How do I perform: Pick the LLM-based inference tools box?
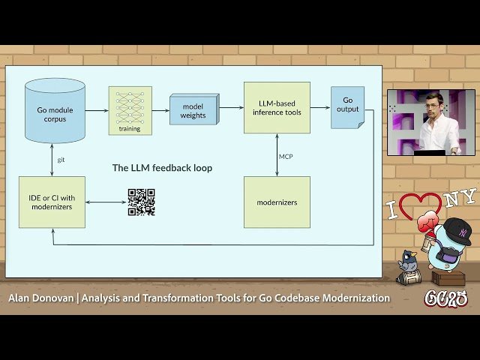point(277,107)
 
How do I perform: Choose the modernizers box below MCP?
point(277,202)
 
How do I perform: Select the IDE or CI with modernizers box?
point(52,202)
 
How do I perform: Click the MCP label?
point(286,157)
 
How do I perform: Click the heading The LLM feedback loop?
point(162,168)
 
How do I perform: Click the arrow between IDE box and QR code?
point(106,202)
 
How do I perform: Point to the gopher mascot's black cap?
point(456,229)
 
